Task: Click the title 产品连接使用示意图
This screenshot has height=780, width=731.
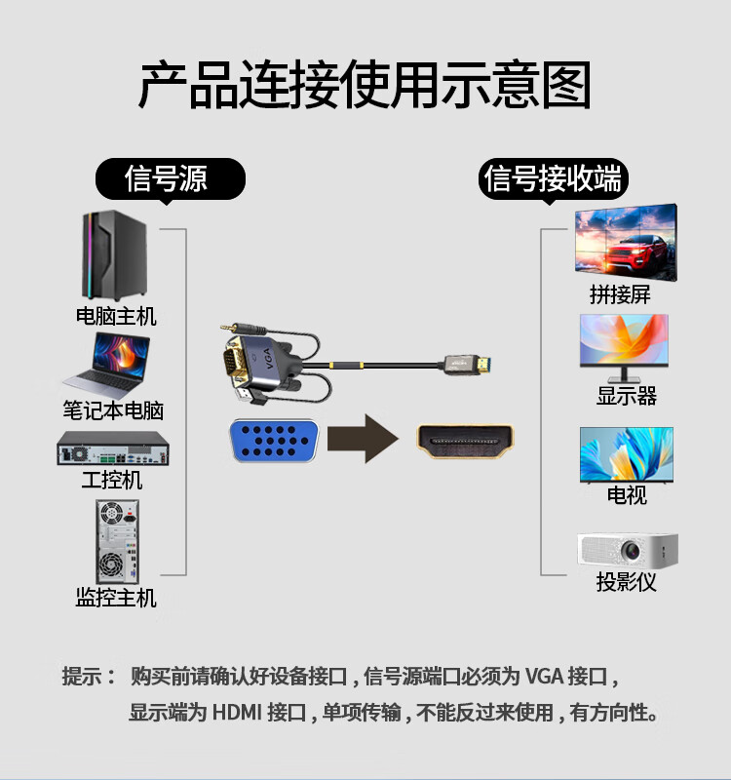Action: click(x=365, y=86)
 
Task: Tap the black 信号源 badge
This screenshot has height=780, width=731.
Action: click(x=167, y=178)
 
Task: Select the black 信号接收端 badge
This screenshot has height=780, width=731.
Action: click(x=553, y=179)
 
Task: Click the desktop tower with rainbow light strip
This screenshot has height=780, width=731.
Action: click(x=114, y=256)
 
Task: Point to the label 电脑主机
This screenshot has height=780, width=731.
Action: click(x=116, y=317)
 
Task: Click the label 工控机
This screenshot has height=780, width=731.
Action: click(x=112, y=481)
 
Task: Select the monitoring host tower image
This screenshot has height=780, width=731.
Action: click(x=117, y=541)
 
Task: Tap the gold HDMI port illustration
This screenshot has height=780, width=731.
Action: click(x=466, y=440)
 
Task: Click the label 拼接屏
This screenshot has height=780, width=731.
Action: click(x=620, y=293)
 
